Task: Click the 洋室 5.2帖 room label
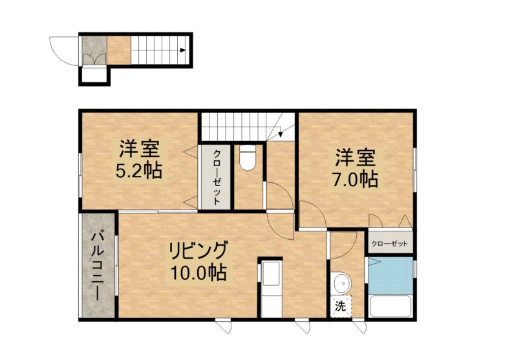[139, 159]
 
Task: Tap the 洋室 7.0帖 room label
[355, 168]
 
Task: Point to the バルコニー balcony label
[98, 265]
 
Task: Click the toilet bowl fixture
[247, 157]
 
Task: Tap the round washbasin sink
[342, 283]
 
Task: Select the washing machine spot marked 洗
[341, 306]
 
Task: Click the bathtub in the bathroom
[390, 306]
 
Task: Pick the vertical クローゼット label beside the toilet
[216, 177]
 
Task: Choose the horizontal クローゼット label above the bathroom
[390, 244]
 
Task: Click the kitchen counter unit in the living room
[271, 288]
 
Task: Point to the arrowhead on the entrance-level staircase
[183, 50]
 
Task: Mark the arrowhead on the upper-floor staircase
[281, 134]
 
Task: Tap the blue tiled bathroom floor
[390, 275]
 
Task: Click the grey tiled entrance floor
[94, 50]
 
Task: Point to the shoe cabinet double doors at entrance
[94, 59]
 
